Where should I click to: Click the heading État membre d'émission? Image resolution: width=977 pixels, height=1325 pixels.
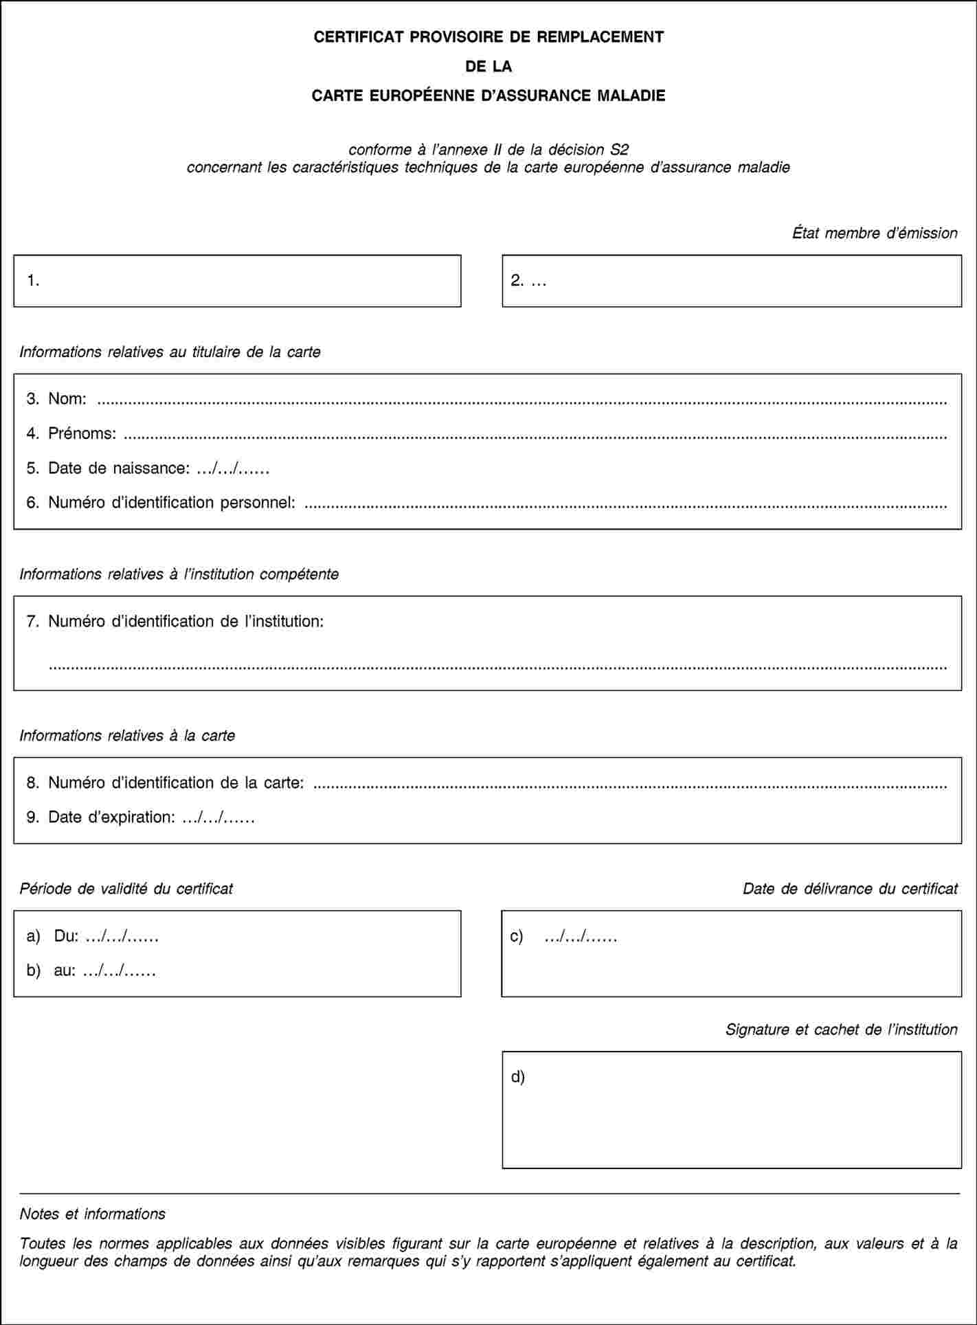coord(874,234)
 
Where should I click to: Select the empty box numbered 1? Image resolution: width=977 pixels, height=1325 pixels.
coord(237,281)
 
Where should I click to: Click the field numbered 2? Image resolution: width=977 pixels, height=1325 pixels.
coord(732,281)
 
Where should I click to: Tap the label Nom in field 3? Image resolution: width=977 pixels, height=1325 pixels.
coord(67,398)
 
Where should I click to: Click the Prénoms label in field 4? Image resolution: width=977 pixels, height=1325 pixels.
coord(81,433)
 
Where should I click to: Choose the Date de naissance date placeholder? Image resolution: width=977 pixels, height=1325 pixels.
coord(232,468)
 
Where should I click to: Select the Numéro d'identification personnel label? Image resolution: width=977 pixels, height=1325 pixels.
coord(172,503)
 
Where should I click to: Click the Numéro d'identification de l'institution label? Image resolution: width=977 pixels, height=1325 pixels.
coord(186,622)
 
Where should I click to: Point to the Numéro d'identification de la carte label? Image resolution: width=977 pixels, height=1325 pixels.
coord(176,783)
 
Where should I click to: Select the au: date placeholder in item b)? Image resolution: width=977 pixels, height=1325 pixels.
coord(119,971)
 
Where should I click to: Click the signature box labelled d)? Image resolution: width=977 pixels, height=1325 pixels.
coord(732,1109)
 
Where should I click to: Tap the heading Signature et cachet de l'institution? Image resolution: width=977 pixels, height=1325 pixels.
coord(841,1030)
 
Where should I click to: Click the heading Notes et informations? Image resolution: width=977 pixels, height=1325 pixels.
coord(93,1214)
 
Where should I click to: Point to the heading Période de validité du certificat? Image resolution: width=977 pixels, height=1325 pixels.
coord(126,889)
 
